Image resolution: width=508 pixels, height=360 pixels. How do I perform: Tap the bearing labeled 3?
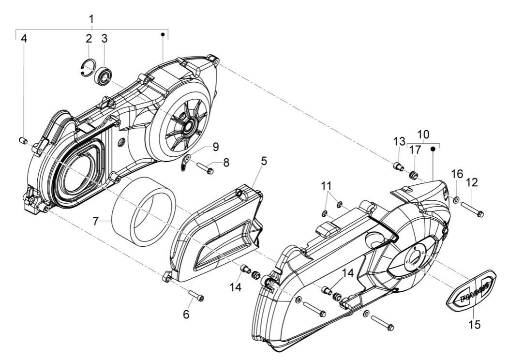104,75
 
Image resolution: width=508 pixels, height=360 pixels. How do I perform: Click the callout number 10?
423,133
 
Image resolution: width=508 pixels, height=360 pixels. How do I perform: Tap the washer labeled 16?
457,199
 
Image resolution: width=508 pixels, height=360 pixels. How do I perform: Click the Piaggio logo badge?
471,292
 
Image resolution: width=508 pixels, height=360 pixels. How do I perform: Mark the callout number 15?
475,324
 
